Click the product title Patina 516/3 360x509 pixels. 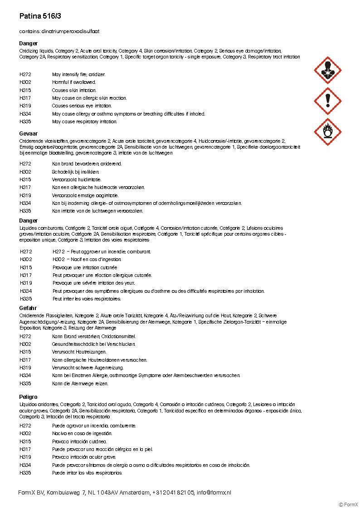(x=40, y=16)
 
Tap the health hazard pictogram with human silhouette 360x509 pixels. (x=327, y=70)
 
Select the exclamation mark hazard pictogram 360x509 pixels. (x=327, y=101)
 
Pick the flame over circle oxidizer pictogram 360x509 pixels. (x=327, y=131)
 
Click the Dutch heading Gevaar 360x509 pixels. (x=28, y=134)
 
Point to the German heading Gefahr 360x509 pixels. (x=28, y=308)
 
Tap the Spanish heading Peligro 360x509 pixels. (x=28, y=397)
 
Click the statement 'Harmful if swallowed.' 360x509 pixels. (x=74, y=82)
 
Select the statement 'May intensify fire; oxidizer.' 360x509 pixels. (x=79, y=74)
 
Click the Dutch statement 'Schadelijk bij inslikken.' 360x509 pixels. (x=75, y=172)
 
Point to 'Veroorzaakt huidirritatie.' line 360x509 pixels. (x=77, y=179)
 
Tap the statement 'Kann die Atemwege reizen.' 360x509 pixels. (x=80, y=383)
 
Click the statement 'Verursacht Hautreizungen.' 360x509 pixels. (x=79, y=352)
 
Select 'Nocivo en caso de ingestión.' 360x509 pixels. (x=82, y=433)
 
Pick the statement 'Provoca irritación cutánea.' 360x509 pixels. (x=79, y=441)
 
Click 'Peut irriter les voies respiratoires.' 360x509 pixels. (x=87, y=299)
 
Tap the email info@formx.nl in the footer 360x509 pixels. (x=214, y=492)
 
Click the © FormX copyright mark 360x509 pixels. (x=348, y=504)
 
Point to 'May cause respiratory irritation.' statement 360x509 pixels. (x=84, y=121)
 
